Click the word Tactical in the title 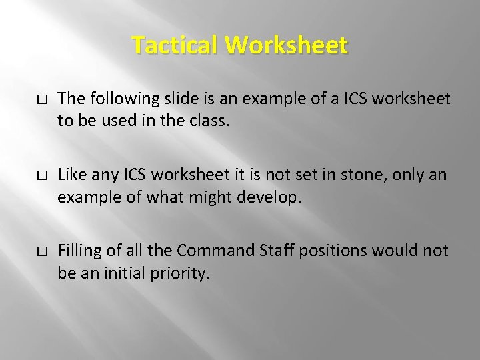coord(175,45)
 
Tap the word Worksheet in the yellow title coord(287,45)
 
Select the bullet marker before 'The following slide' coord(41,99)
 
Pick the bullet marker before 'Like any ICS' coord(41,175)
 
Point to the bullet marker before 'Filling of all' coord(41,251)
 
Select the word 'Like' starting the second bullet coord(71,175)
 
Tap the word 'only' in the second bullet coord(405,175)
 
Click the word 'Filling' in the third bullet coord(79,251)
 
